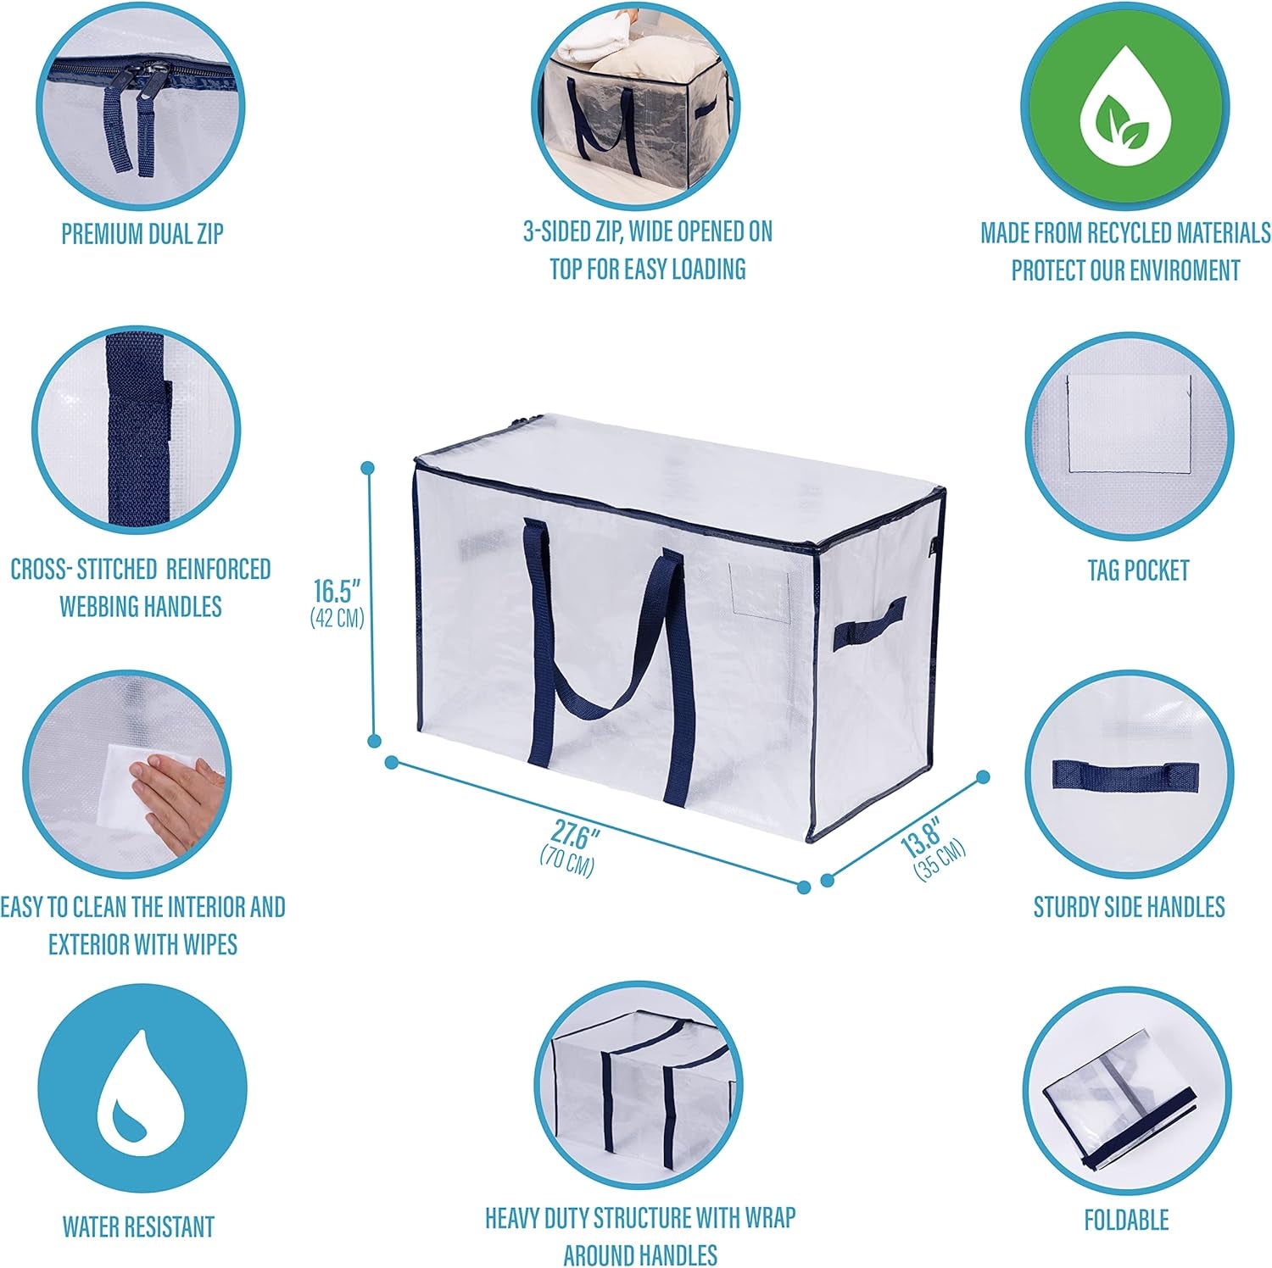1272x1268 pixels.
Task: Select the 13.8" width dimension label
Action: [x=921, y=837]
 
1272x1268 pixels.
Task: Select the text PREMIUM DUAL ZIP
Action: [x=142, y=234]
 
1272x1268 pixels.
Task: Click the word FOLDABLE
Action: [x=1126, y=1221]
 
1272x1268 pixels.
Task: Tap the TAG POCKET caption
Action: [x=1138, y=570]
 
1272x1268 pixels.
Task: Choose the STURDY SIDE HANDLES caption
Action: [x=1129, y=907]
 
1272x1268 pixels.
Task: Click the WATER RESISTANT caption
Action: [x=138, y=1226]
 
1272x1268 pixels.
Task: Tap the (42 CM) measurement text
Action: [x=338, y=619]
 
